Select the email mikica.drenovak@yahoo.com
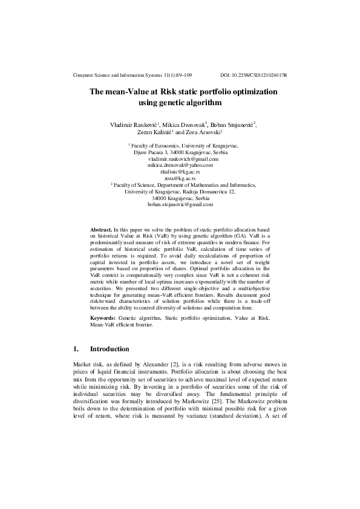[180, 165]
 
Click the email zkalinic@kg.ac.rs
[180, 172]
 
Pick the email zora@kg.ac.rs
[180, 178]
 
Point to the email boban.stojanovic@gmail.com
[180, 205]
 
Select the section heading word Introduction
[110, 349]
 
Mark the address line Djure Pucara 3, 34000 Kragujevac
[180, 152]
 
